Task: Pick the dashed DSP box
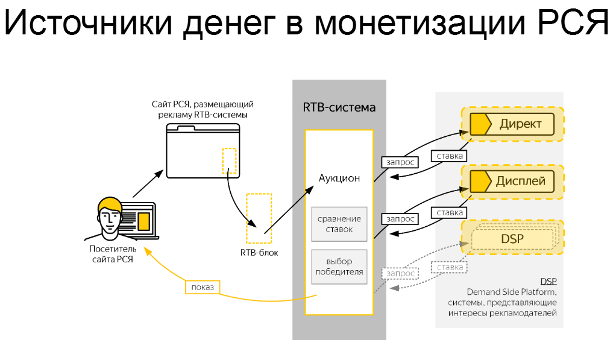click(x=512, y=239)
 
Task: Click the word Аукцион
click(x=339, y=178)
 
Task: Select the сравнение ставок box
click(x=339, y=224)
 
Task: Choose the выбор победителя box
click(x=339, y=267)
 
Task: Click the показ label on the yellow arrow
click(x=202, y=286)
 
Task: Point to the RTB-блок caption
click(x=259, y=253)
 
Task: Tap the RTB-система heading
click(x=339, y=108)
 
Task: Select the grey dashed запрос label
click(x=399, y=273)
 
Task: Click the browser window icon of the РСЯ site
click(x=203, y=151)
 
